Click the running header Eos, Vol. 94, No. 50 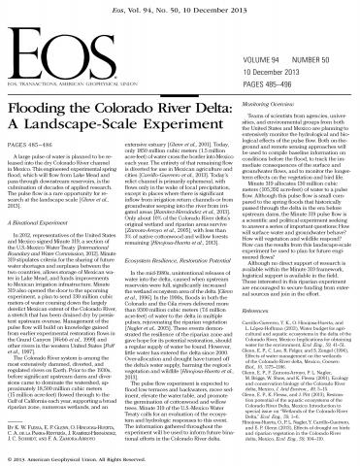pyautogui.click(x=180, y=6)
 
